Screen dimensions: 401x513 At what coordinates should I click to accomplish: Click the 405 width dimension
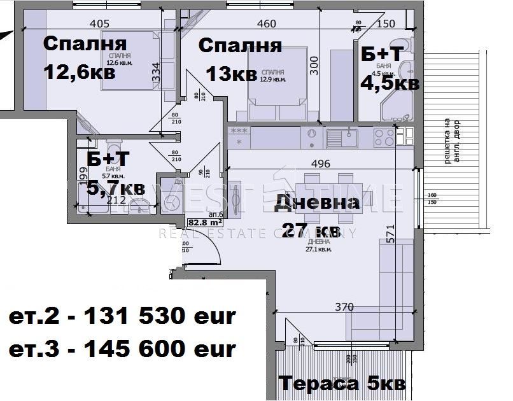[101, 24]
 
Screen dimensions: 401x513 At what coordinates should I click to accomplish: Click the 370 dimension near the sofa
[344, 307]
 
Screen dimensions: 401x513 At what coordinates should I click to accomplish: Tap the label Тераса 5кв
[341, 384]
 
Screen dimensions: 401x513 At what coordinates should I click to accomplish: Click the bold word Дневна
[317, 203]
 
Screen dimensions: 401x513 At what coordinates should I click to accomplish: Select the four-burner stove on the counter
[384, 136]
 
